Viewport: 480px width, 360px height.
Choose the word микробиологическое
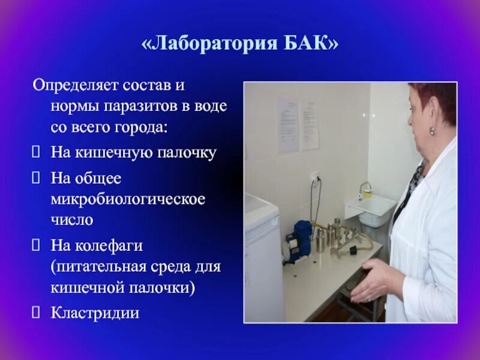tap(128, 198)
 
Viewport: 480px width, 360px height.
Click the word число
tap(71, 220)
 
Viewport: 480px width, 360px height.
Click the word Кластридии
tap(95, 312)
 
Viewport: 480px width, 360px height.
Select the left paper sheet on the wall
tap(287, 126)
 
